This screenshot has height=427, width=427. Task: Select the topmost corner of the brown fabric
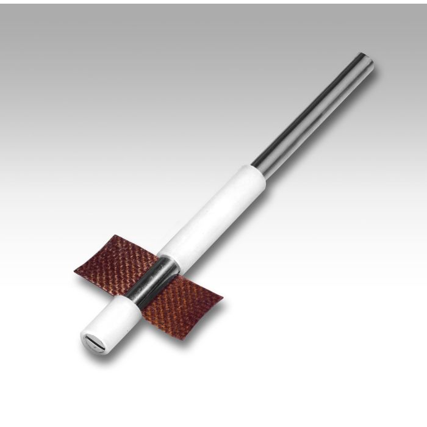132,234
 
